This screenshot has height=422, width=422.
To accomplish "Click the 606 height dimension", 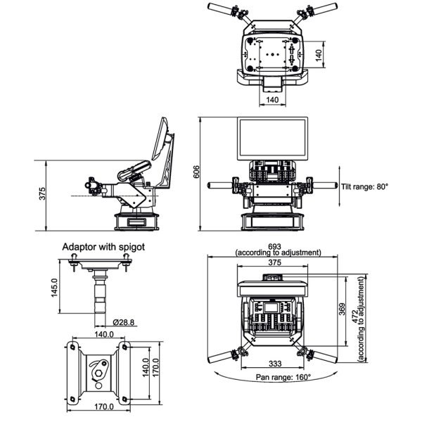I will point(198,172).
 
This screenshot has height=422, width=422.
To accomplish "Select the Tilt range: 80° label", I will point(365,186).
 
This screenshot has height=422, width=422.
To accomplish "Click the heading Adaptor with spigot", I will point(103,247).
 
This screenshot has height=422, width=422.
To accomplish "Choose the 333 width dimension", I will point(276,364).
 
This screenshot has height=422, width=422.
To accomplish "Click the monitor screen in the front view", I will point(271,139).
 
